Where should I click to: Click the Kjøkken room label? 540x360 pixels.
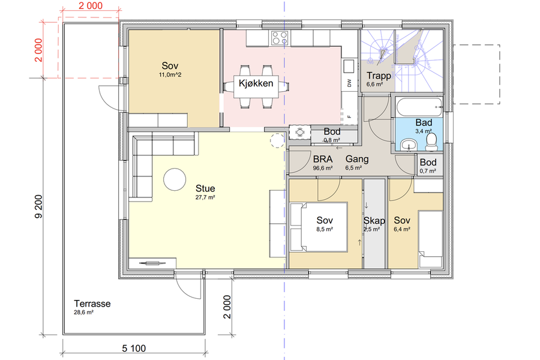[256, 83]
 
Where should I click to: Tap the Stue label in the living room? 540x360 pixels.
[205, 188]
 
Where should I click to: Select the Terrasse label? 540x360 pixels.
[92, 304]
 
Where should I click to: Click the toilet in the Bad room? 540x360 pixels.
[431, 142]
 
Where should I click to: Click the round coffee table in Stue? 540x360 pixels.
[175, 179]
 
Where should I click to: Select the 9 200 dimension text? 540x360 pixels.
[38, 206]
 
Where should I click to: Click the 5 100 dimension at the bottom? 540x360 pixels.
[134, 348]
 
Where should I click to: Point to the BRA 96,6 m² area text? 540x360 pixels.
[323, 163]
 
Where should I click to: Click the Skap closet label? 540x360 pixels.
[374, 220]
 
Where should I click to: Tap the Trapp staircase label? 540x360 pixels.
[379, 76]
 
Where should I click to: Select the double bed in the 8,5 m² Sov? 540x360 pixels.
[319, 227]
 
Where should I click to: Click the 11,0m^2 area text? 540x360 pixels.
[170, 75]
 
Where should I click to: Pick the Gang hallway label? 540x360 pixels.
[357, 159]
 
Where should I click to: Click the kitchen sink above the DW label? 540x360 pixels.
[349, 66]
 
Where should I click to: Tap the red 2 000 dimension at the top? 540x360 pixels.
[91, 6]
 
